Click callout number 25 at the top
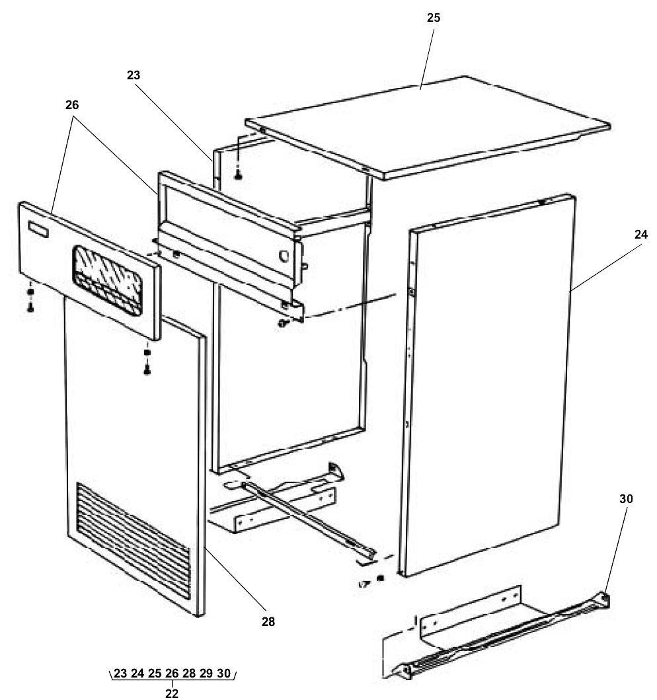[x=433, y=18]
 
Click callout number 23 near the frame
[x=134, y=75]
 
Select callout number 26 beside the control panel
[x=72, y=105]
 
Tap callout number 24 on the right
[x=640, y=234]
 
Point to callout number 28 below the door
[x=268, y=621]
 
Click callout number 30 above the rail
[x=626, y=499]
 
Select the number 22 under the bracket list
[x=172, y=693]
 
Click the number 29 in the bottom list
[x=206, y=674]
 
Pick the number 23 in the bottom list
[x=120, y=674]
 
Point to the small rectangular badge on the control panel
[x=38, y=229]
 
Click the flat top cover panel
[x=430, y=126]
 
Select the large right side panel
[x=489, y=383]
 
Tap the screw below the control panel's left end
[x=30, y=307]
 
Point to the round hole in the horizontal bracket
[x=284, y=254]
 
